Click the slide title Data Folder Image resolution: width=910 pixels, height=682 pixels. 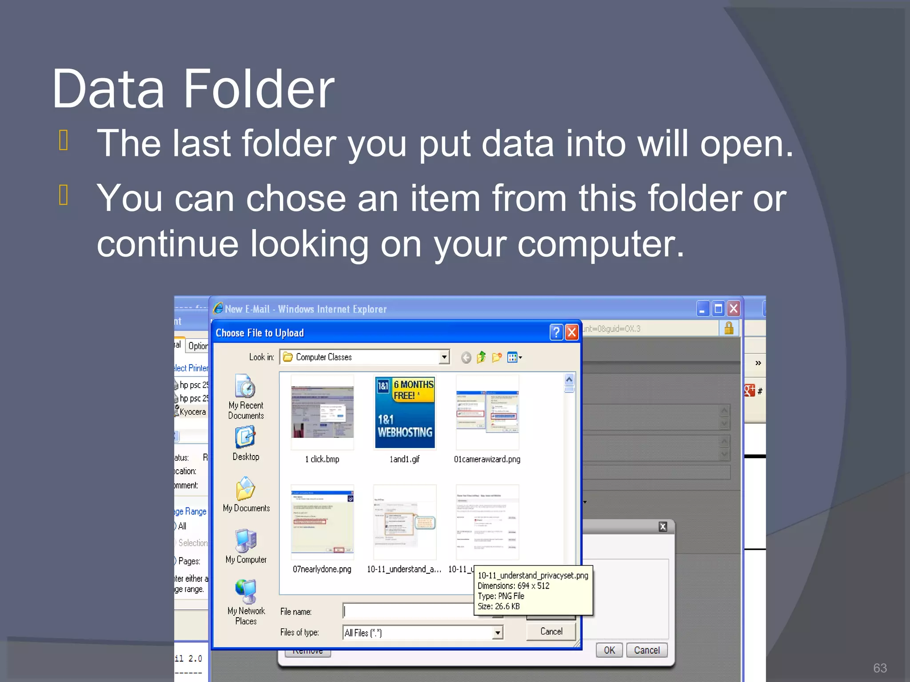point(193,89)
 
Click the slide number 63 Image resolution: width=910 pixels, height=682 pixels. point(880,668)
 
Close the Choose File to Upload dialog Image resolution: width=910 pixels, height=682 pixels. point(572,332)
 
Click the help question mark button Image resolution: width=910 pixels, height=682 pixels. point(556,332)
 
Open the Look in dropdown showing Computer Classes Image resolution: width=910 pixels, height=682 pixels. point(444,357)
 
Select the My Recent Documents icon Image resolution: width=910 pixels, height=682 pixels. point(245,386)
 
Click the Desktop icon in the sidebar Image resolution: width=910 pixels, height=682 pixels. point(245,438)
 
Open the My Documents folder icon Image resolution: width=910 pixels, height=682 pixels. point(245,489)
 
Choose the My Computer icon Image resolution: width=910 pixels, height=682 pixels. point(245,540)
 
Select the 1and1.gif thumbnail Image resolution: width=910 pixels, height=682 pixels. point(405,413)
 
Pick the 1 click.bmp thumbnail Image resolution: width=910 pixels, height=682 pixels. point(322,413)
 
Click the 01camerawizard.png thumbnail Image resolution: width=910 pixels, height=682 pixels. point(487,413)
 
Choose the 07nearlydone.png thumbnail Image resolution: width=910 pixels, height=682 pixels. point(322,523)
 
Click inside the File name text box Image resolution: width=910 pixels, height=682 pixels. point(409,611)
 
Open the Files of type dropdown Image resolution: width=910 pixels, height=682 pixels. point(498,632)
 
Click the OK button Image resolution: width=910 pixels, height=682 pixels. point(609,650)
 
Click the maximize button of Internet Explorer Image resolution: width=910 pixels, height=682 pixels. point(718,308)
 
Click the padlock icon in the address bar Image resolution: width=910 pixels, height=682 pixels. point(729,328)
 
